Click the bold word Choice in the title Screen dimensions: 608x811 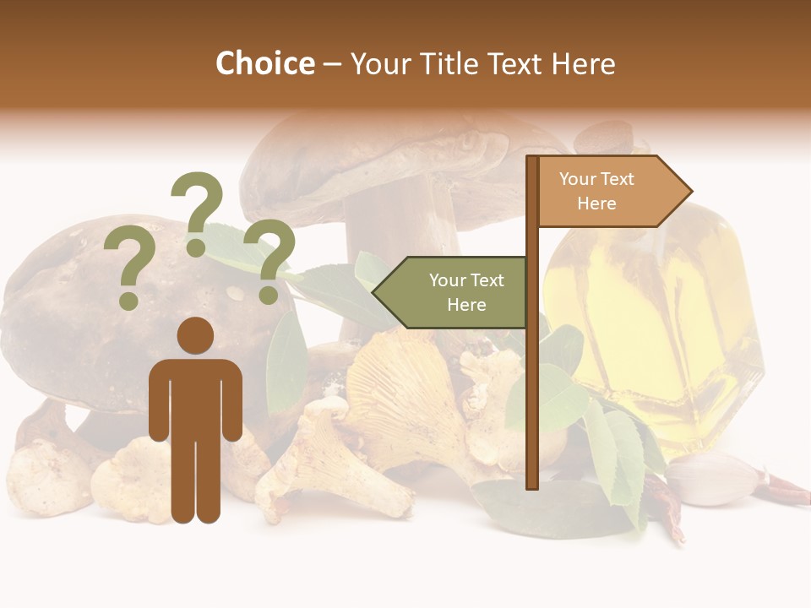(264, 63)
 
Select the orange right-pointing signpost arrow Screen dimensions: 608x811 (612, 191)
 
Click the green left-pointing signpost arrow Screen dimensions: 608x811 (452, 292)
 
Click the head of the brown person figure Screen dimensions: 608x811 (195, 335)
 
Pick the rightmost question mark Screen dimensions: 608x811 (269, 260)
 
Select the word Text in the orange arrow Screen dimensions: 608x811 (617, 179)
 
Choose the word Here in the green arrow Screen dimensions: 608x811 (466, 305)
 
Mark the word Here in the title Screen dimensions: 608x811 (584, 63)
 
